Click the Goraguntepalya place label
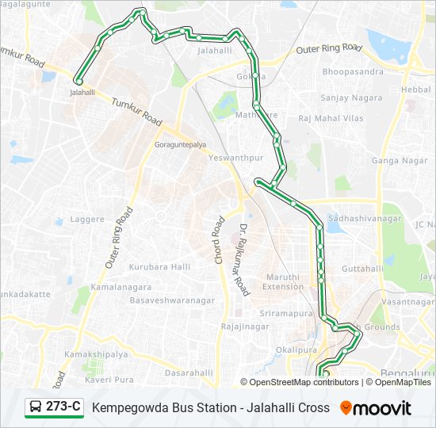(180, 146)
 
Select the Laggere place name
(87, 219)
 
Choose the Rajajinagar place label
(247, 327)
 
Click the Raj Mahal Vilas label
(331, 118)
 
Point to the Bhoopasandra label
(353, 71)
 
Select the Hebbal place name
(416, 90)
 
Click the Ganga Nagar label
(400, 161)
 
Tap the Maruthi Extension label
(283, 282)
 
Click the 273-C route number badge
(63, 407)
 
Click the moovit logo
(376, 408)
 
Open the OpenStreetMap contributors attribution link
(304, 382)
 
